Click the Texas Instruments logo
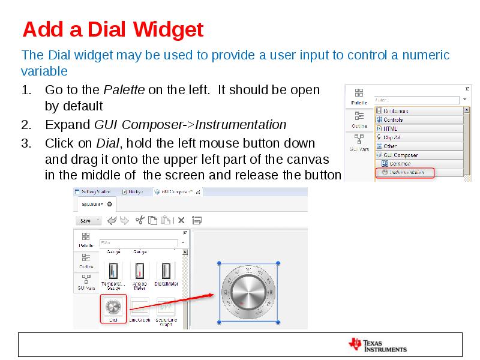coord(377,344)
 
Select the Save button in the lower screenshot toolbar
coord(85,220)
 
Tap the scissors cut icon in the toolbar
coord(140,220)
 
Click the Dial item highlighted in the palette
coord(113,308)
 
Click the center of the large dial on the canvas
coord(248,292)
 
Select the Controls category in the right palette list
coord(393,119)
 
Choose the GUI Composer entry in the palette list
coord(400,155)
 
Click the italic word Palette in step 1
coord(124,90)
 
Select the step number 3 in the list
coord(25,143)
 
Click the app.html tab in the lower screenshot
coord(93,205)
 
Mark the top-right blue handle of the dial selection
coord(278,263)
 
